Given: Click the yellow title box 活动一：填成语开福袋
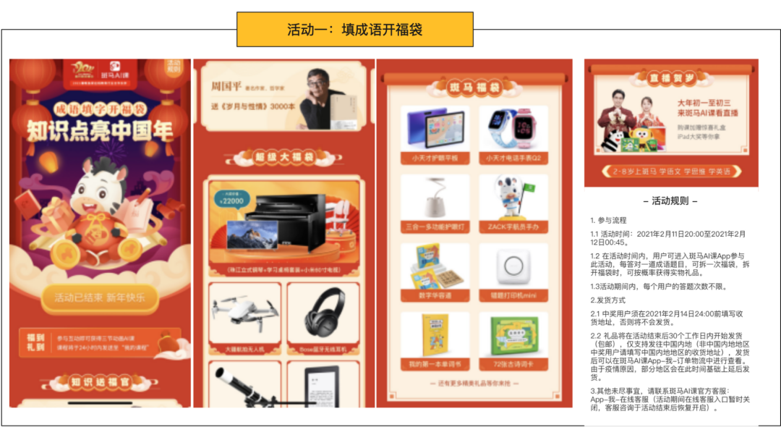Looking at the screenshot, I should pyautogui.click(x=354, y=30).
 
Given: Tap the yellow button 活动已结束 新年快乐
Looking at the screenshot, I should pyautogui.click(x=100, y=297).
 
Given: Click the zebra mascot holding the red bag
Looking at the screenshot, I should pyautogui.click(x=98, y=210).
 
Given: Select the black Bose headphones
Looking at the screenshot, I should pyautogui.click(x=323, y=311).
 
